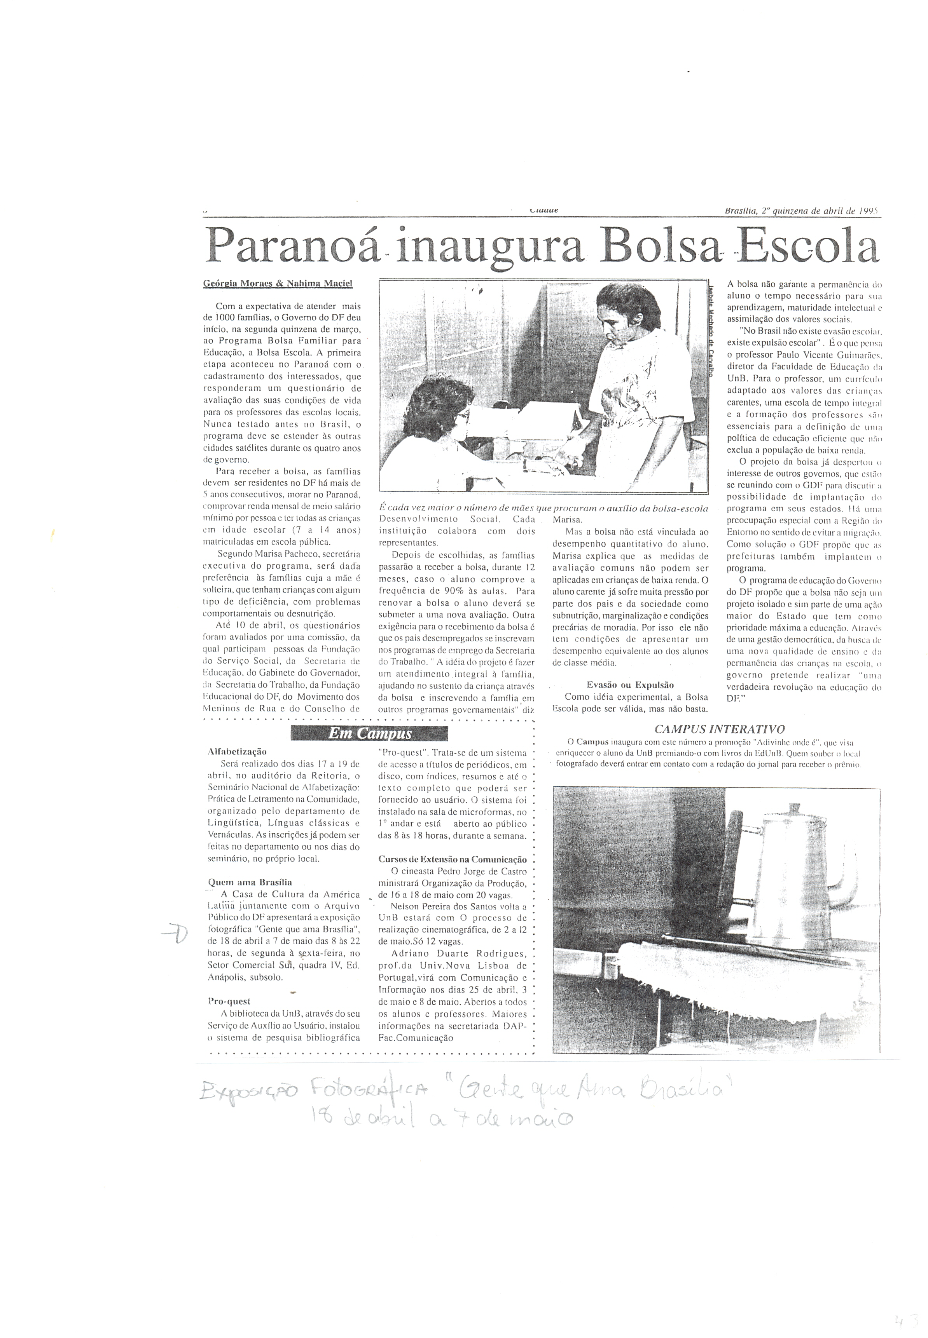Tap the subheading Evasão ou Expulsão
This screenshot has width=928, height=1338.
630,685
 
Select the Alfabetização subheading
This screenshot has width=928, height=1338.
237,751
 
